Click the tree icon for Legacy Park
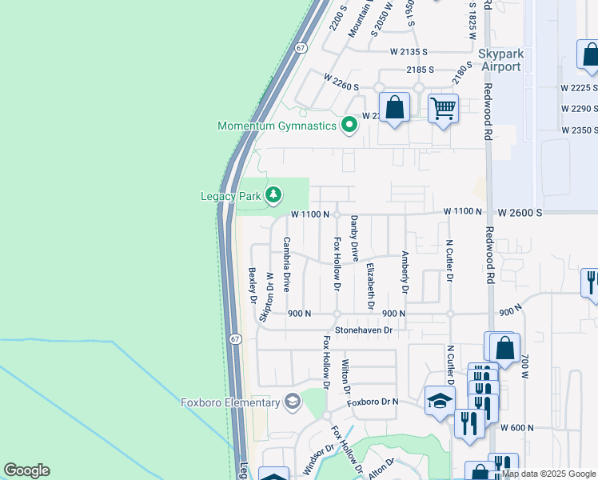273,194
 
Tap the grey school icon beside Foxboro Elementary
293,401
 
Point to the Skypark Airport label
512,60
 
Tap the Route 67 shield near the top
300,48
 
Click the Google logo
26,470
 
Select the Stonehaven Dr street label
365,329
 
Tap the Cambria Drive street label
286,263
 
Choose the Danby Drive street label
354,238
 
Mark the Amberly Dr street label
405,271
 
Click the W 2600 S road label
520,213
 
